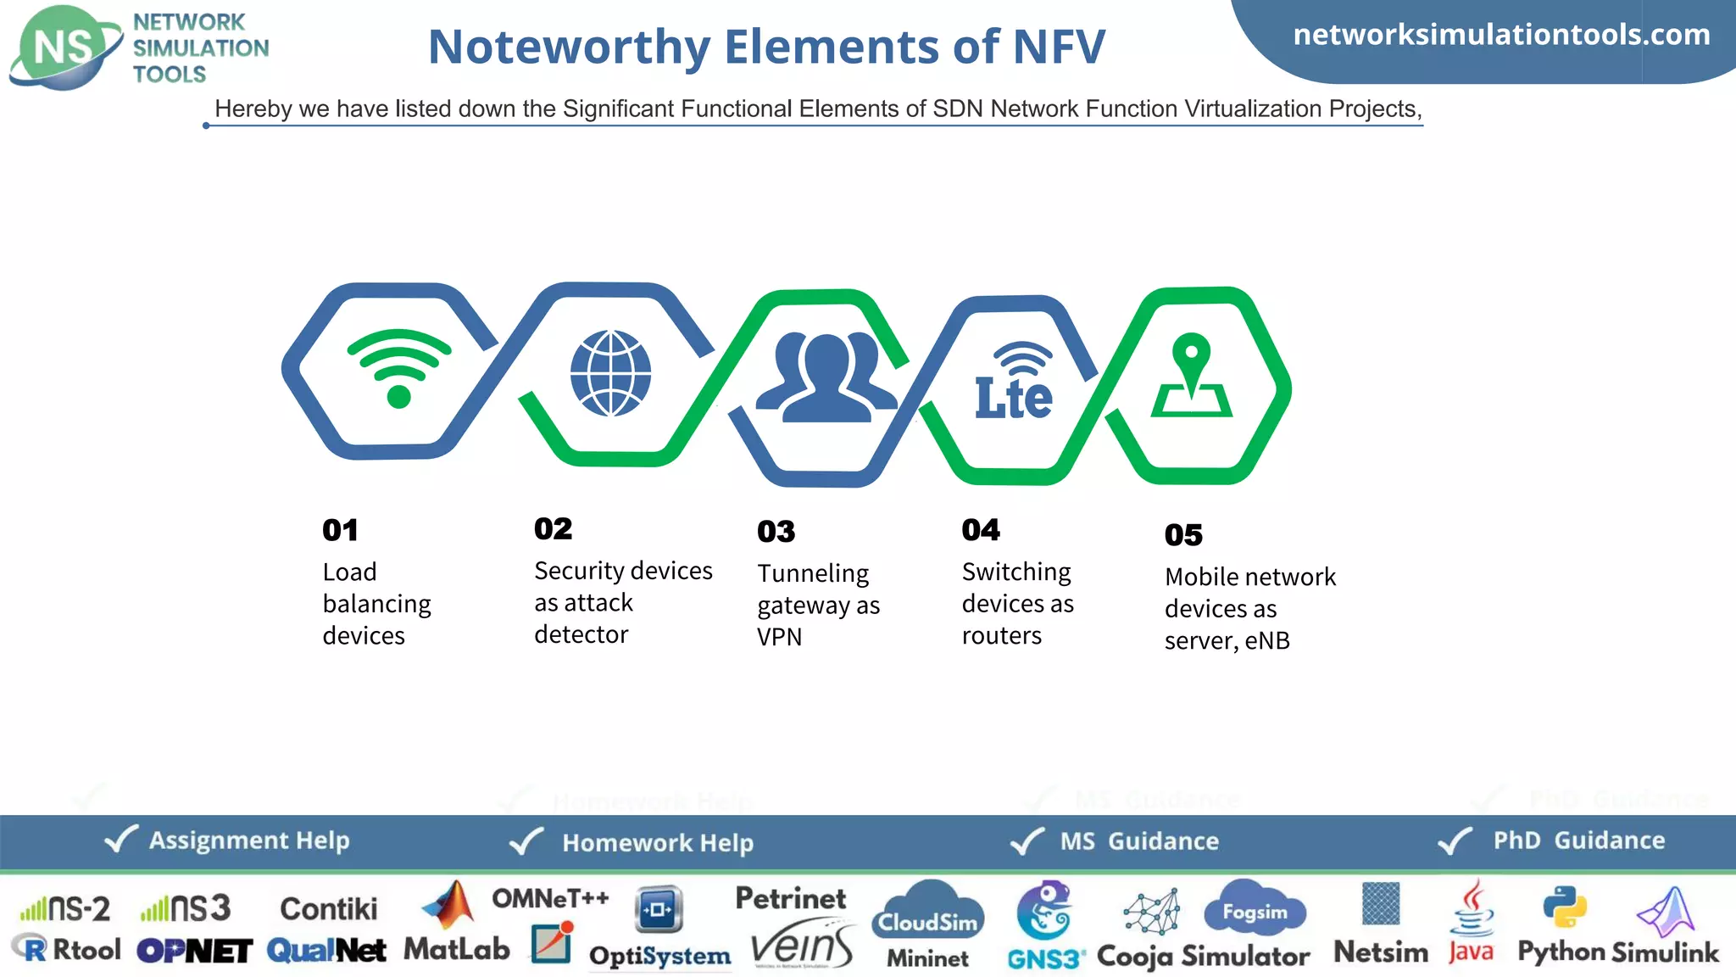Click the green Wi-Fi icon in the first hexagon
click(x=398, y=368)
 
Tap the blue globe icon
click(x=610, y=373)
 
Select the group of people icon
click(x=826, y=377)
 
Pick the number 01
click(x=340, y=530)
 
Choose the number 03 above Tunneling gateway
click(x=776, y=532)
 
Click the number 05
click(x=1183, y=535)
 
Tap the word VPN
click(x=779, y=637)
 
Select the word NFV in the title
click(x=1060, y=47)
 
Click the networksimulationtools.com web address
click(x=1501, y=35)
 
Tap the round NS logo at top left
click(x=64, y=47)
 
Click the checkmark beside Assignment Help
click(x=120, y=840)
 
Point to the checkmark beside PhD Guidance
click(x=1455, y=841)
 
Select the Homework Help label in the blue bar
click(x=658, y=843)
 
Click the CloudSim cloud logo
click(x=928, y=911)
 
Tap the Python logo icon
click(x=1565, y=907)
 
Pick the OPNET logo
click(x=194, y=952)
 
